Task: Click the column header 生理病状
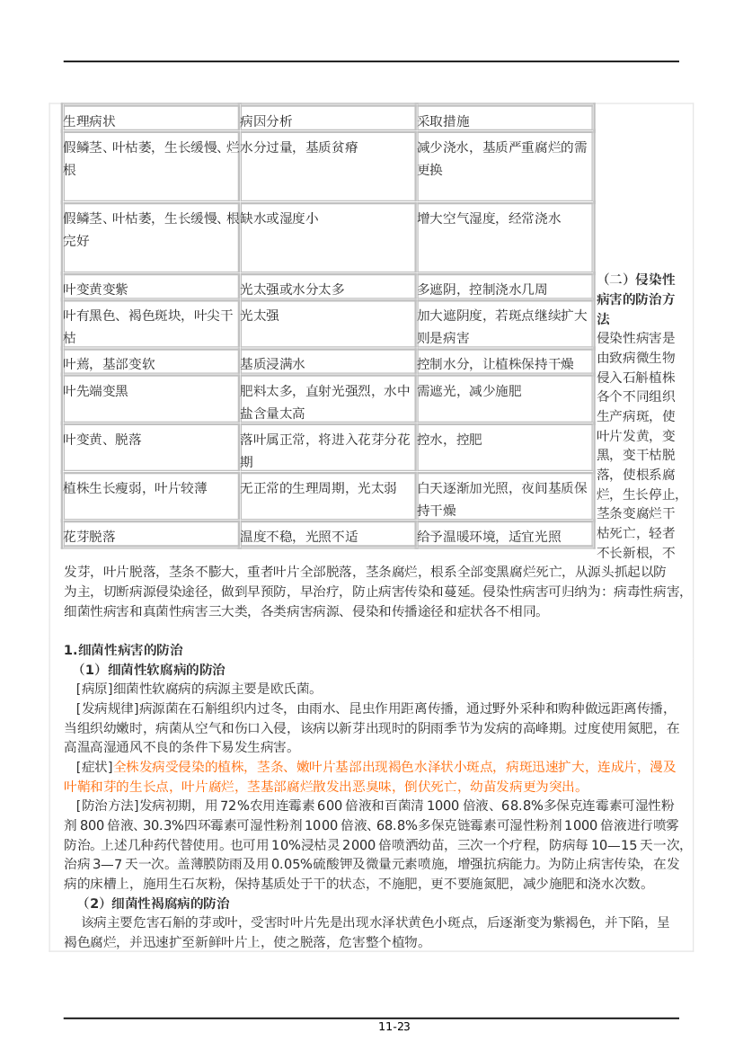[x=90, y=120]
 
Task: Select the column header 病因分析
[x=267, y=120]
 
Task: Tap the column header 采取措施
[x=444, y=120]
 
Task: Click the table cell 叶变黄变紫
[x=96, y=289]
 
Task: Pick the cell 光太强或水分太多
[x=293, y=289]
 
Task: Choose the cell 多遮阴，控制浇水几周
[x=482, y=289]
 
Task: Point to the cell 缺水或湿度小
[x=279, y=218]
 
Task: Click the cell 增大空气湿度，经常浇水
[x=489, y=218]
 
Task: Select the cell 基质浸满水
[x=273, y=363]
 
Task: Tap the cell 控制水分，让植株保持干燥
[x=496, y=363]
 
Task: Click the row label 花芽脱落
[x=90, y=536]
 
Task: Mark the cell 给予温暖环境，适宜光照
[x=489, y=536]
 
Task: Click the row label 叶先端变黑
[x=96, y=390]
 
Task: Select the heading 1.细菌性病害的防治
[x=123, y=649]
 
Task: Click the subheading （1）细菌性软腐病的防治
[x=152, y=669]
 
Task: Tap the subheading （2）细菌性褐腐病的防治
[x=155, y=903]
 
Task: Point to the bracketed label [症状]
[x=94, y=766]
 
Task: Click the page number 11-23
[x=394, y=1026]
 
